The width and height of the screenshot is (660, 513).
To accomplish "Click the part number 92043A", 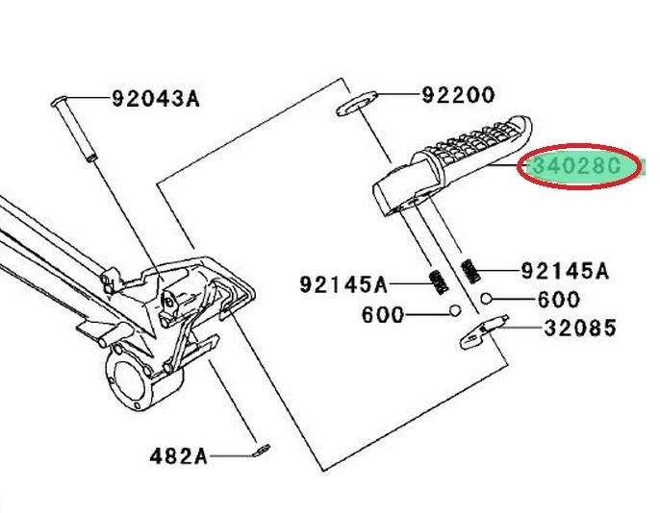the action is pos(156,99).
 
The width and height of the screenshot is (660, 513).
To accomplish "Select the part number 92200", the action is pos(458,95).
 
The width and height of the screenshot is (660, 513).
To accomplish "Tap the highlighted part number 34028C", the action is pos(576,166).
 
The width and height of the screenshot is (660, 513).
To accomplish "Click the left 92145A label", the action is pos(343,284).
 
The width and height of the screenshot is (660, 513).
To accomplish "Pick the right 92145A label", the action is pos(565,271).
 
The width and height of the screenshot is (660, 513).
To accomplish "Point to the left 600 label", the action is pos(383,315).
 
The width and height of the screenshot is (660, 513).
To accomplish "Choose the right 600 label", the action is pos(559,300).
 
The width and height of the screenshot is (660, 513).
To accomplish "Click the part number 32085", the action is pos(580,329).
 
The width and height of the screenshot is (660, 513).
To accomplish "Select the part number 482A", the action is pos(179,456).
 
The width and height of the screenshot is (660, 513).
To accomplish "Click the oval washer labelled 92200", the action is pos(357,103).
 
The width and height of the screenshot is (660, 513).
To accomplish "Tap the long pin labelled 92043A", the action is pos(74,129).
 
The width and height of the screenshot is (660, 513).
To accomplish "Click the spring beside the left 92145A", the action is pos(438,282).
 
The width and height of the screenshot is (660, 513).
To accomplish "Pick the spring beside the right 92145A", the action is pos(470,271).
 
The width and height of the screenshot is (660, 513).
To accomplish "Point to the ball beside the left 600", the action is pos(454,311).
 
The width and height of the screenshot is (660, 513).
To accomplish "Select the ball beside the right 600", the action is pos(487,299).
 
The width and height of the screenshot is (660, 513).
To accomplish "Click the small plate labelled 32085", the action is pos(483,332).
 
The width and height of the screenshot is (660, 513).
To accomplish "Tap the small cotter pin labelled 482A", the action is pos(262,451).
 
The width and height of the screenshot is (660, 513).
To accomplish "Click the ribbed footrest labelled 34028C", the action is pos(452,164).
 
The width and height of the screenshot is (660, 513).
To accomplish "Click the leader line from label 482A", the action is pos(231,455).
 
